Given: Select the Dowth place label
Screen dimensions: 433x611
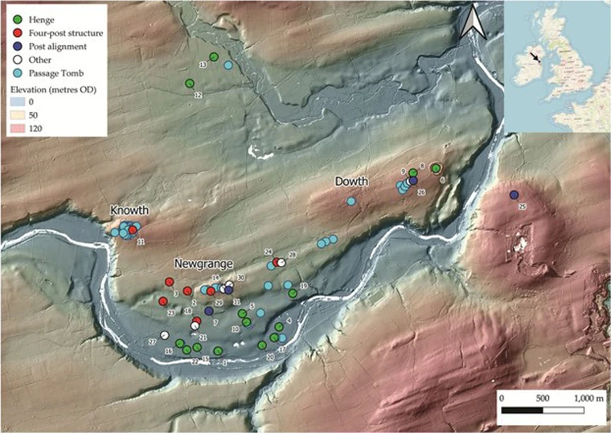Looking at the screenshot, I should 351,182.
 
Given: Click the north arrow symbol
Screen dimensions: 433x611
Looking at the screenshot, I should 475,21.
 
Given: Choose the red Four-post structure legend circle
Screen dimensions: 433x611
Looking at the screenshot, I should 17,33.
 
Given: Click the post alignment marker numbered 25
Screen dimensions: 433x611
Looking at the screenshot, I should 513,195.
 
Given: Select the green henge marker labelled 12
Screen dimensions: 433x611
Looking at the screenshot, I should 190,83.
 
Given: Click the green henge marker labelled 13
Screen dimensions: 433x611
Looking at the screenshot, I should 215,56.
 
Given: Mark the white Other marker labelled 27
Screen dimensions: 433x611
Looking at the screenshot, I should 164,335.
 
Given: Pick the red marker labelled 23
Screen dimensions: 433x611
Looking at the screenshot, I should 163,301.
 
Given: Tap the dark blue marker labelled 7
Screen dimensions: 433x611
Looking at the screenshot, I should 209,311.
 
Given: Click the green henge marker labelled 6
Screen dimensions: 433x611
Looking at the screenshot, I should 436,168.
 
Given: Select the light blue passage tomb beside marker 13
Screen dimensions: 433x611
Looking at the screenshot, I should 228,65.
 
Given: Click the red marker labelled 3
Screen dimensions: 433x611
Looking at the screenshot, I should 170,282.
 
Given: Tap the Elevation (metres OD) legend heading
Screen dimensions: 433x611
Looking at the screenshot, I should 53,89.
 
